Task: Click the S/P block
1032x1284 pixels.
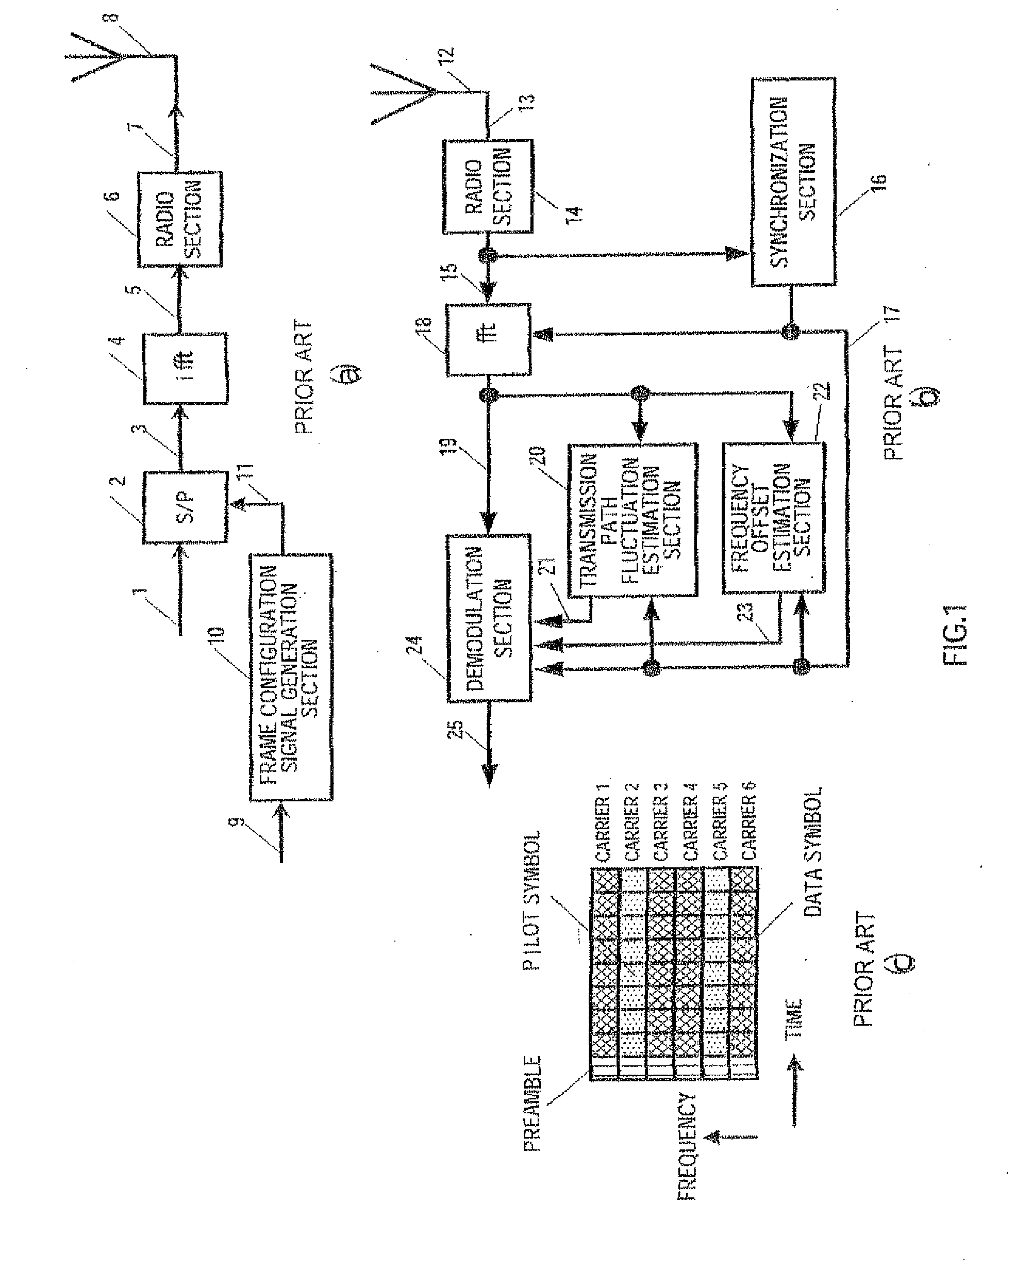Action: (185, 507)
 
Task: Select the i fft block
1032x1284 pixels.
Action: (185, 369)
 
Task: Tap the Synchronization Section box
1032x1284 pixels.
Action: (793, 182)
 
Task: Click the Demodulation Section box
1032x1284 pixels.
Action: (489, 618)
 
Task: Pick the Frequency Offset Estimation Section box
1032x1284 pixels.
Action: (774, 518)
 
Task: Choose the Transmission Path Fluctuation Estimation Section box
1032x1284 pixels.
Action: (632, 519)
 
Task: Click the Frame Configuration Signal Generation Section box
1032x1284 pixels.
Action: (291, 677)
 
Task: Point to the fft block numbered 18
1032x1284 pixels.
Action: (488, 339)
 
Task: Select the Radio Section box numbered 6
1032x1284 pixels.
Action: (180, 219)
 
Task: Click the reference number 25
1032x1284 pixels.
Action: (456, 729)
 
